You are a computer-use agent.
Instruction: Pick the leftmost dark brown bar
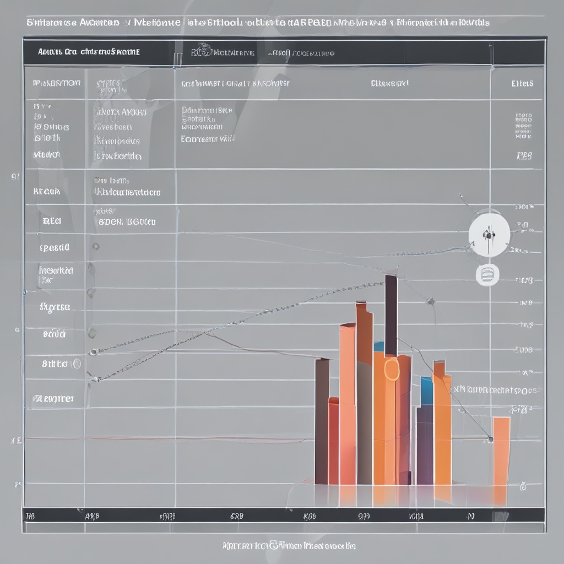click(322, 421)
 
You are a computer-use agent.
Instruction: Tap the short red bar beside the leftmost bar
click(333, 441)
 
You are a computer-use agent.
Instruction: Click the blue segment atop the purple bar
click(426, 391)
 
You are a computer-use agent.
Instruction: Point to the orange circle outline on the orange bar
click(391, 369)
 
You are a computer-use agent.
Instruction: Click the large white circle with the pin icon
click(489, 235)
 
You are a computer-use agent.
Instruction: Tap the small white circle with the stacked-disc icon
click(487, 274)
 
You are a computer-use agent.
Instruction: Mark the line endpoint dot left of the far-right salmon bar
click(490, 438)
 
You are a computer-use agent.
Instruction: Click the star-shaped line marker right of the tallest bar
click(430, 301)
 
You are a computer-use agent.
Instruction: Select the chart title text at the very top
click(258, 23)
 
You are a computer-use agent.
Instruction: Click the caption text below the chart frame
click(289, 546)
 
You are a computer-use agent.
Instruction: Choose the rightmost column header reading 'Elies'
click(522, 84)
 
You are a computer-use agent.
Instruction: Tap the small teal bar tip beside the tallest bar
click(378, 346)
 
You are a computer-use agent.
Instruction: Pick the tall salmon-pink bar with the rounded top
click(348, 402)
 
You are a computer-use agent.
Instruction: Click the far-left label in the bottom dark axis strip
click(30, 516)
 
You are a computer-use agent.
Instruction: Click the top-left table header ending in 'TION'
click(57, 83)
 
